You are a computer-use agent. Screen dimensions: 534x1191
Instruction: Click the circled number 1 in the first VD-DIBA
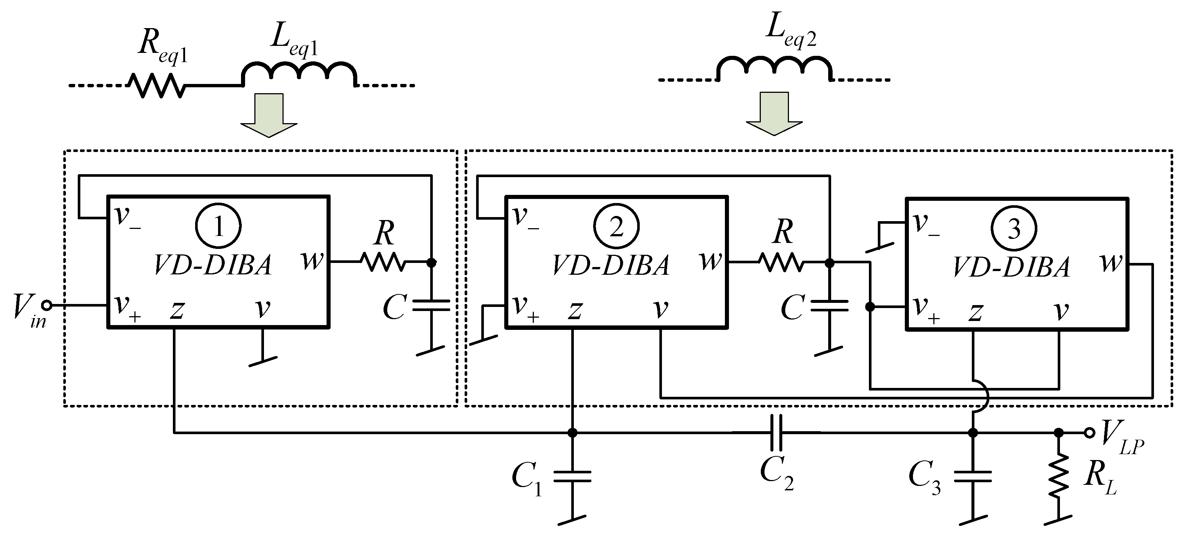pos(218,227)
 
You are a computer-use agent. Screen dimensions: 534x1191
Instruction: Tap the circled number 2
pos(616,227)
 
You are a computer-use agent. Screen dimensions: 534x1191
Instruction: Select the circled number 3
pos(1014,228)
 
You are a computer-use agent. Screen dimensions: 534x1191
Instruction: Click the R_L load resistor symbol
pos(1059,476)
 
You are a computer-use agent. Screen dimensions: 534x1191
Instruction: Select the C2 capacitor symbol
pos(777,433)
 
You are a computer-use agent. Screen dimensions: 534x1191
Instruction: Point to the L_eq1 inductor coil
pos(300,73)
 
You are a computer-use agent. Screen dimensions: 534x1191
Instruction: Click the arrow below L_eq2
pos(775,114)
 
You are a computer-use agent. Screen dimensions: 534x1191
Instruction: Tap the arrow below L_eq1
pos(269,115)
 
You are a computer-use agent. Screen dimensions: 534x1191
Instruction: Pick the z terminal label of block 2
pos(575,310)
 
